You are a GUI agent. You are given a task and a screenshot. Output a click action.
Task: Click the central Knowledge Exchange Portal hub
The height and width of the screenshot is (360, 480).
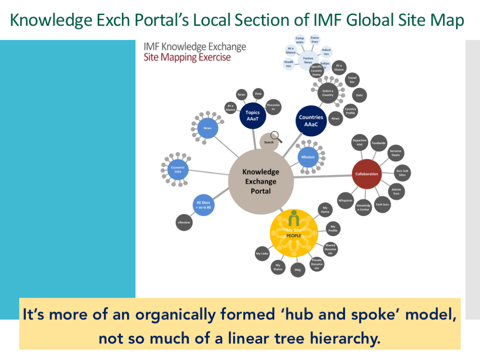pyautogui.click(x=261, y=181)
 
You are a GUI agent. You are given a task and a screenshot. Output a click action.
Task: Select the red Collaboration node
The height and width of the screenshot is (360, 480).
pyautogui.click(x=367, y=174)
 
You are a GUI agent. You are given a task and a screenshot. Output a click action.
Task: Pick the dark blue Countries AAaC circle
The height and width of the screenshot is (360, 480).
pyautogui.click(x=311, y=120)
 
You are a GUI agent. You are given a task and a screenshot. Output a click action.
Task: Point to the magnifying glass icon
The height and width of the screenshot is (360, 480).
pyautogui.click(x=277, y=136)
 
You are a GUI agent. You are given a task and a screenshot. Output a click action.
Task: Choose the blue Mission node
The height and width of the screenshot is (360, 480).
pyautogui.click(x=308, y=157)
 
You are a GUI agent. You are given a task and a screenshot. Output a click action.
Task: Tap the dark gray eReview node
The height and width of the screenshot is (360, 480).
pyautogui.click(x=184, y=222)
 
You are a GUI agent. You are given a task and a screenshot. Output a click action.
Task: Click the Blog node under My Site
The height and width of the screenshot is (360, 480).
pyautogui.click(x=298, y=270)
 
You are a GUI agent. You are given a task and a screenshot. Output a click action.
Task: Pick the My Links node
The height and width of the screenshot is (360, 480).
pyautogui.click(x=262, y=254)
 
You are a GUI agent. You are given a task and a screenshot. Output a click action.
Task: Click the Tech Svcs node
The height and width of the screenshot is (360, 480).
pyautogui.click(x=382, y=204)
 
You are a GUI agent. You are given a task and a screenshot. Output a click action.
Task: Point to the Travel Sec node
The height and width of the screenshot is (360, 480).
pyautogui.click(x=352, y=80)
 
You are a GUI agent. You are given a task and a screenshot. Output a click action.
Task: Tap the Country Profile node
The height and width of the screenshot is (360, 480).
pyautogui.click(x=350, y=111)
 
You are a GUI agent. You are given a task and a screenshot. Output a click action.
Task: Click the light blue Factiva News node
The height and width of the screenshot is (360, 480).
pyautogui.click(x=308, y=59)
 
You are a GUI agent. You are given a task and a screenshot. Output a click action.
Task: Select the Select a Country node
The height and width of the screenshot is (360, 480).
pyautogui.click(x=328, y=93)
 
